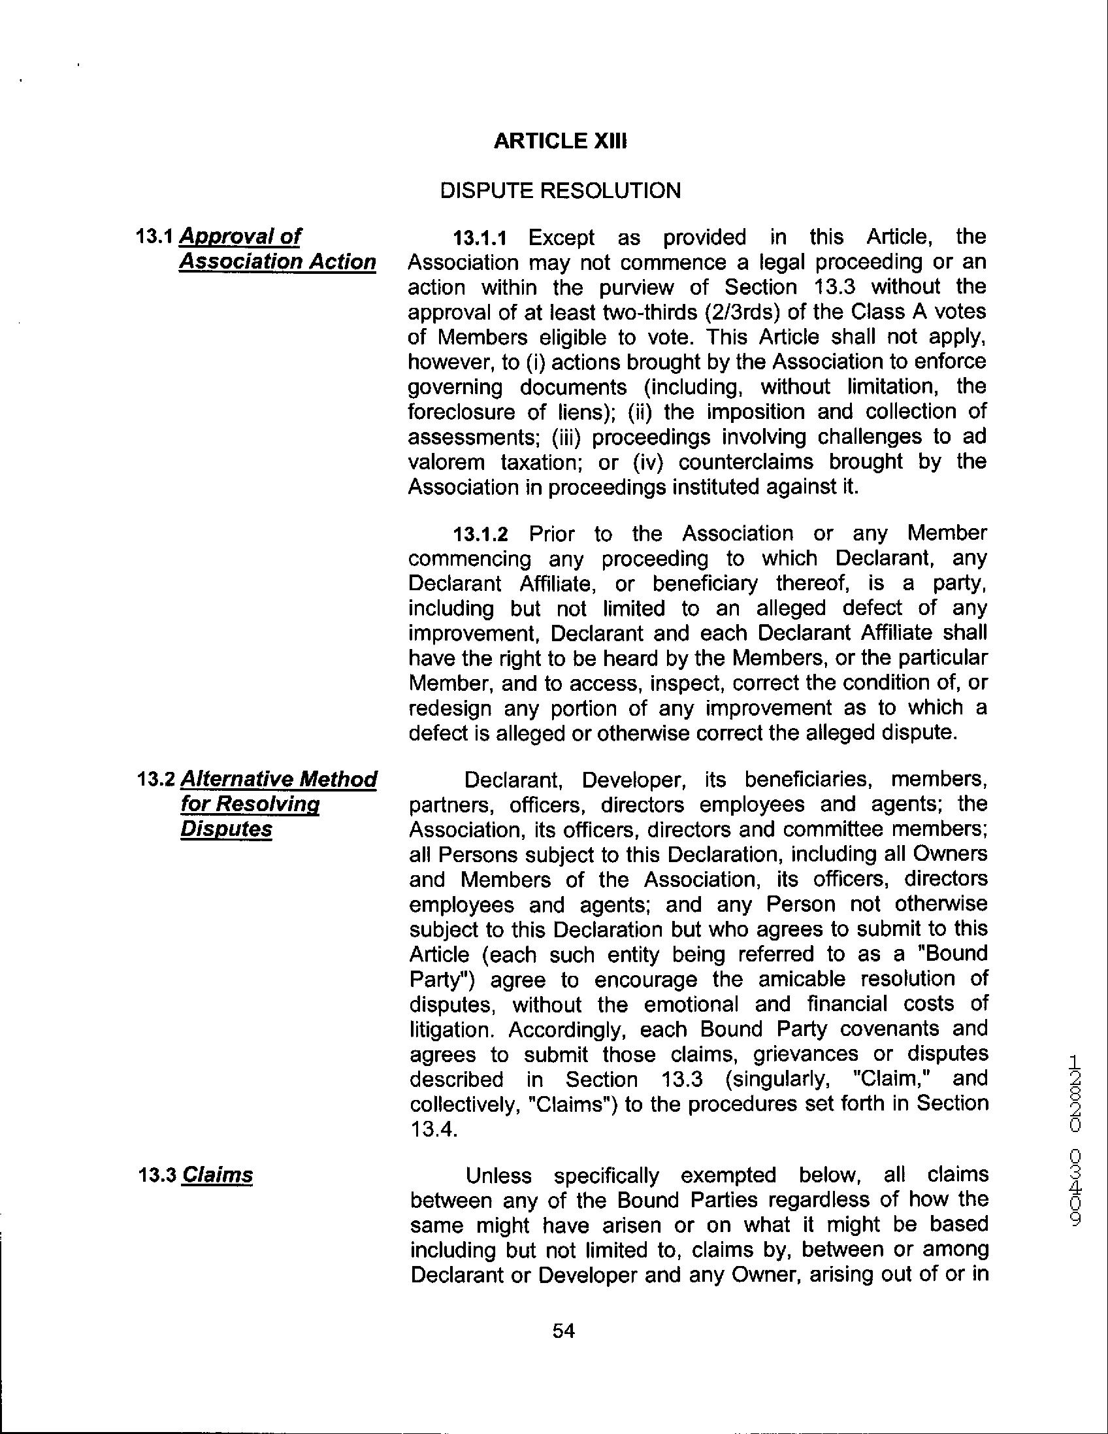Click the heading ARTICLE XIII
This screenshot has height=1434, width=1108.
pyautogui.click(x=560, y=141)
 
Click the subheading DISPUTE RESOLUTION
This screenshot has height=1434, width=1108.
pyautogui.click(x=560, y=190)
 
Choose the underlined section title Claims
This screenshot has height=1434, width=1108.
pyautogui.click(x=217, y=1175)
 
